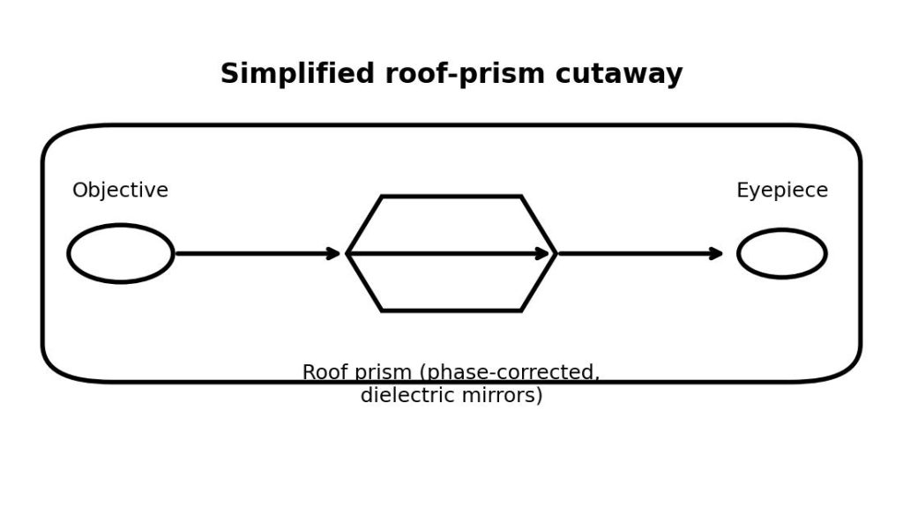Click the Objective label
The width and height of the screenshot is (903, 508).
(x=120, y=190)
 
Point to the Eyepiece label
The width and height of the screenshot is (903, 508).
(x=782, y=190)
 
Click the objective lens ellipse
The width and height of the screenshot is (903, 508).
(x=121, y=254)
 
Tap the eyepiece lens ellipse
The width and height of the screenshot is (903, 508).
(x=782, y=254)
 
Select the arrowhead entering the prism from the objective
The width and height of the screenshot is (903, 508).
(x=333, y=254)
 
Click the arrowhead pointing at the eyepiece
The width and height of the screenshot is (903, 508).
(x=717, y=254)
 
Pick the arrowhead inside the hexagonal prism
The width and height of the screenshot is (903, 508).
(x=542, y=254)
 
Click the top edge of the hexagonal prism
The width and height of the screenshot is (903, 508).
(x=451, y=197)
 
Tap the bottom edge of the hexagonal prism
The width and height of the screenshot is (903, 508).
(x=451, y=310)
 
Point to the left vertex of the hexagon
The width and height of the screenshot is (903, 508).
(x=348, y=254)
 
